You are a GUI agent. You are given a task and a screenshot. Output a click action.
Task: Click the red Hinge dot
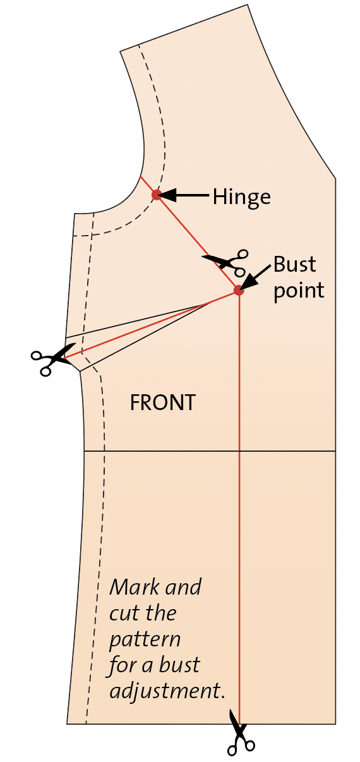point(157,195)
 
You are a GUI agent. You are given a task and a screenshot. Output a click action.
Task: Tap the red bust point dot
point(239,291)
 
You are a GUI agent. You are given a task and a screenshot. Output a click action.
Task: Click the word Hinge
point(242,197)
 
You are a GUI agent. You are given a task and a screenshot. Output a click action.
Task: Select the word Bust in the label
point(295,264)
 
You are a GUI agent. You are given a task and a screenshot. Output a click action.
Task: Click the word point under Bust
point(299,291)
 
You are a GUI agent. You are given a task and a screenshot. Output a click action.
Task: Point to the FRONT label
point(163,402)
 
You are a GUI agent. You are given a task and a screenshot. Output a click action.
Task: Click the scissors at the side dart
point(52,360)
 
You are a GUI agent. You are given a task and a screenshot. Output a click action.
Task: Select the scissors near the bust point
point(227,262)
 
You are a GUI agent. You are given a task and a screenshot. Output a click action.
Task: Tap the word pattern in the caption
point(145,640)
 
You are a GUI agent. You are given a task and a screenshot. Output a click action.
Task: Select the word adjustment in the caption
point(167,691)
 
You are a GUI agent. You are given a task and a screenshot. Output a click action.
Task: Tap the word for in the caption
point(123,666)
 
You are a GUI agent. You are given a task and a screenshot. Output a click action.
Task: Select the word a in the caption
point(147,668)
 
